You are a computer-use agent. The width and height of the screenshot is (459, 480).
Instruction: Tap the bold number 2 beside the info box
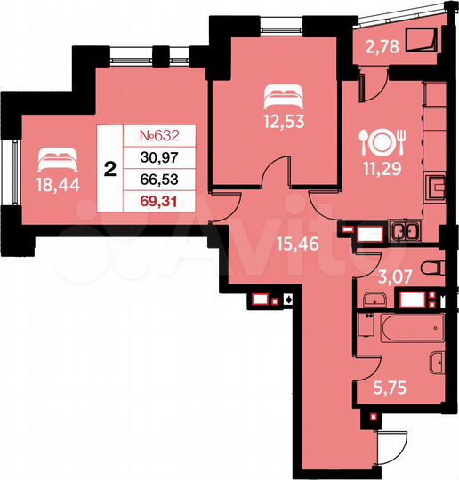pos(109,170)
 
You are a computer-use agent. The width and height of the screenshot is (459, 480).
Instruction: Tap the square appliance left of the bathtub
pos(364,327)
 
